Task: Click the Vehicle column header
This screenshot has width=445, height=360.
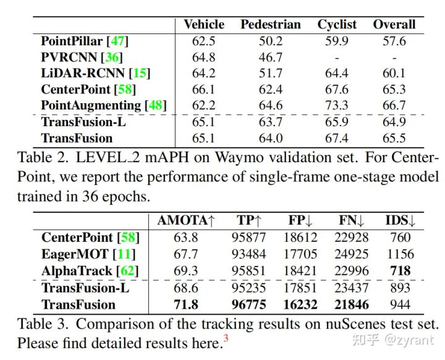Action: click(204, 25)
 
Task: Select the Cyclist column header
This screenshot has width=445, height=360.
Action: click(337, 25)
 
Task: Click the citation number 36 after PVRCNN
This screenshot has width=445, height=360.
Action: click(112, 58)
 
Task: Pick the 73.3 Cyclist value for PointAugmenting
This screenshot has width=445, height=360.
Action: click(337, 106)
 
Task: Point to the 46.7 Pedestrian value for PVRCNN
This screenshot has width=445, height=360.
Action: click(271, 58)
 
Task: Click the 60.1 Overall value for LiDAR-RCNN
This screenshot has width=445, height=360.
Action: click(394, 74)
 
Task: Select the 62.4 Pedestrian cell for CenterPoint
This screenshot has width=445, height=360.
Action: click(271, 90)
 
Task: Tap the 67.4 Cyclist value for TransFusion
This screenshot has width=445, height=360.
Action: click(337, 138)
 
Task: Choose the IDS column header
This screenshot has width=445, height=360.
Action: click(400, 221)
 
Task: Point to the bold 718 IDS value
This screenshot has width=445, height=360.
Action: click(400, 270)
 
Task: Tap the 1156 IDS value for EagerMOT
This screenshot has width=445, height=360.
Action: click(400, 254)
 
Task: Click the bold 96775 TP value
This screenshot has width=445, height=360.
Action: click(249, 304)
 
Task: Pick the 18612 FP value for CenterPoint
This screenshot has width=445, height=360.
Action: click(302, 238)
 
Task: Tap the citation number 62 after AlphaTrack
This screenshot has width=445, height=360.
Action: click(128, 270)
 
